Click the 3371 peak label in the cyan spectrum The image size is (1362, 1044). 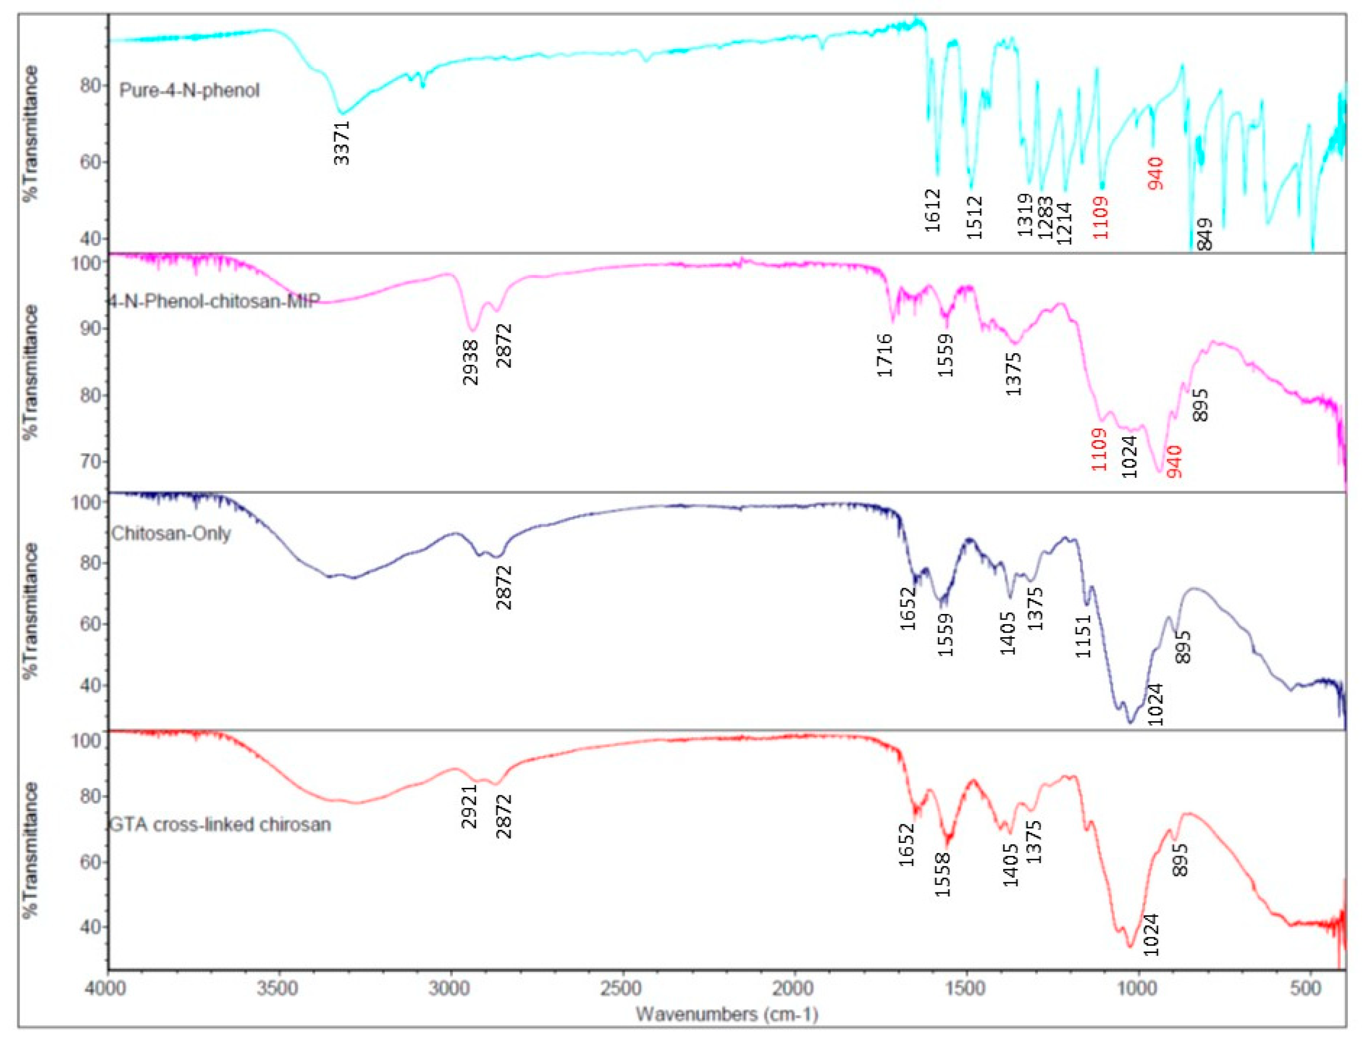click(x=342, y=143)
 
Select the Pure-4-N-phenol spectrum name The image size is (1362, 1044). click(x=190, y=91)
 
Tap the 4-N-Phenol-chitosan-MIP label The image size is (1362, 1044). click(x=214, y=301)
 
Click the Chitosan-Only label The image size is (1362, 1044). click(x=171, y=533)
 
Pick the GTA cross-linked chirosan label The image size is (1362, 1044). click(x=220, y=825)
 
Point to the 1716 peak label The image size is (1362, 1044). click(x=885, y=355)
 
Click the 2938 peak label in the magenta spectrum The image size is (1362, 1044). click(x=471, y=363)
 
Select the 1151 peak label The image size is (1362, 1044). click(x=1083, y=636)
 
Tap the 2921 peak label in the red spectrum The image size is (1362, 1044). click(x=469, y=806)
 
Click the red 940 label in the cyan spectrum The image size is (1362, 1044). click(x=1155, y=174)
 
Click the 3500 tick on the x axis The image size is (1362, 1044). click(x=279, y=988)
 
